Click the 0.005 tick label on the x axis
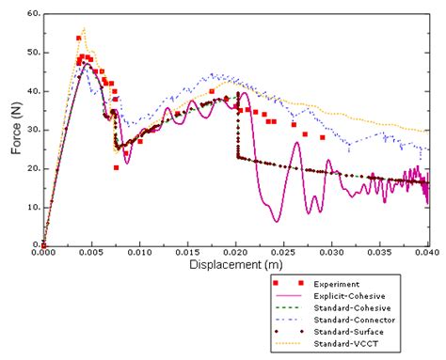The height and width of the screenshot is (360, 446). [91, 253]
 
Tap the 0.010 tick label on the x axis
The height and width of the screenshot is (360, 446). [140, 253]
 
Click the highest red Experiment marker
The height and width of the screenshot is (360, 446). [78, 39]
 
